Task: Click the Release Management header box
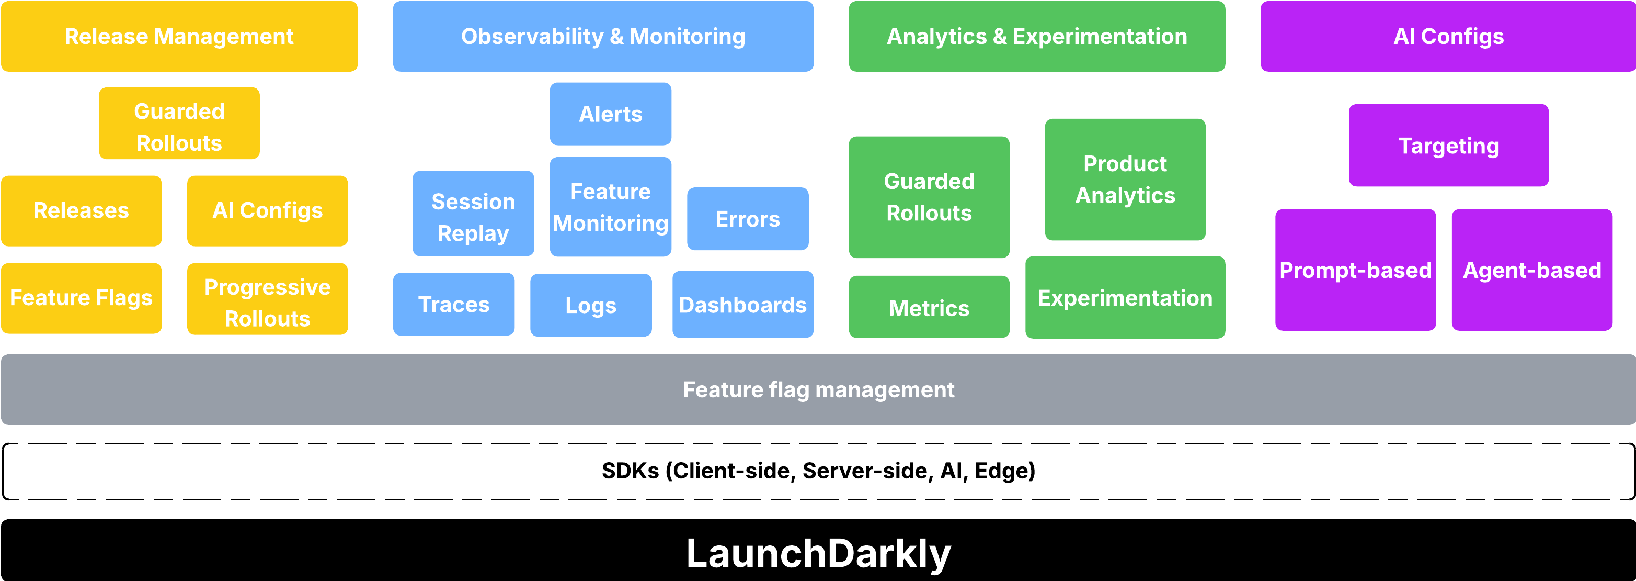(179, 36)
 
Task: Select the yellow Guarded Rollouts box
(179, 124)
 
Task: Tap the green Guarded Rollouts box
(929, 197)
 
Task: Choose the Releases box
(81, 210)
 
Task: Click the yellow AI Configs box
(267, 210)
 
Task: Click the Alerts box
(610, 114)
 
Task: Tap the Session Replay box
(473, 214)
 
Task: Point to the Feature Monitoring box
(610, 207)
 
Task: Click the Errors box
(748, 219)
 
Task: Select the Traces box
(453, 305)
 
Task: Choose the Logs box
(591, 305)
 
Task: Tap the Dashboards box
(742, 305)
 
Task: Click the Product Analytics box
(1125, 179)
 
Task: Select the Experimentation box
(1125, 297)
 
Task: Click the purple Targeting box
(1449, 146)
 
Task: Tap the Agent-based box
(1532, 270)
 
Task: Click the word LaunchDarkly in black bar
(818, 553)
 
